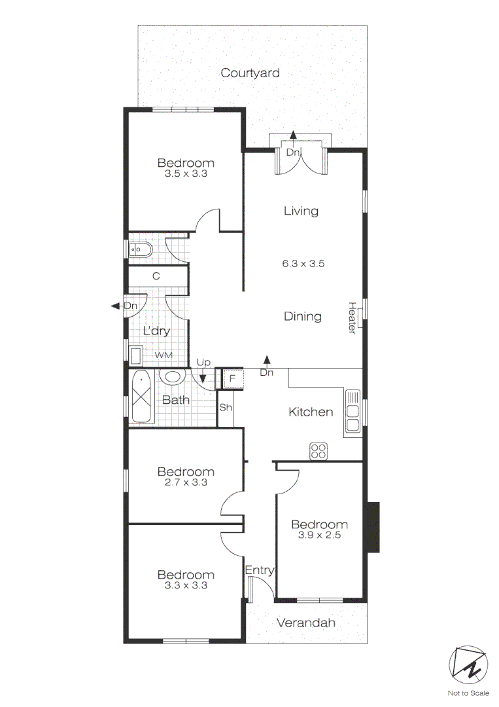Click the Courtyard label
click(250, 73)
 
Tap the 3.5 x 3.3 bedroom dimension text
click(186, 174)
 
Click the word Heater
click(351, 318)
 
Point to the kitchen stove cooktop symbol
click(318, 450)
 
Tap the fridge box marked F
click(232, 379)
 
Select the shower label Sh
click(226, 408)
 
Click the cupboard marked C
click(156, 276)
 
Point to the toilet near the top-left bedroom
click(140, 249)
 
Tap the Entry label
click(259, 571)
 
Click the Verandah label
click(305, 623)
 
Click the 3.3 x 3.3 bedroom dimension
click(186, 586)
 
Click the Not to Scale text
click(468, 693)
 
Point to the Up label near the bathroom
click(203, 362)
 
